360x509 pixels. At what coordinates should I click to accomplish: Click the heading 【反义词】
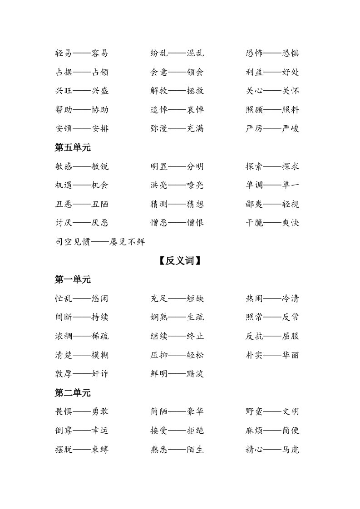(180, 261)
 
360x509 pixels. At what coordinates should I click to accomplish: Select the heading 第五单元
(73, 147)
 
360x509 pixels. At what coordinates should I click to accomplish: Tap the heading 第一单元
(73, 280)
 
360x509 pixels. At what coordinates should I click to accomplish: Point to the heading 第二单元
(73, 393)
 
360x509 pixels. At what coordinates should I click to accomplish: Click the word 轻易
(64, 53)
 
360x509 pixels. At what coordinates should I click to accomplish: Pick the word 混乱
(195, 53)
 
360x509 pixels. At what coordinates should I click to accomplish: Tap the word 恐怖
(254, 53)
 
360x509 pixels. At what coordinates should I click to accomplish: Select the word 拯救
(195, 91)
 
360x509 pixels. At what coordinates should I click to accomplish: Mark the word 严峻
(291, 128)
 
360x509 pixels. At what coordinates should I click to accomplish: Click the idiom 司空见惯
(73, 242)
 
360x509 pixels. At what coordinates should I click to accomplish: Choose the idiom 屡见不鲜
(127, 242)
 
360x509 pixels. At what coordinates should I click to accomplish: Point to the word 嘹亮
(195, 185)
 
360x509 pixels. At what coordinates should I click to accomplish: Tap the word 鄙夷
(254, 204)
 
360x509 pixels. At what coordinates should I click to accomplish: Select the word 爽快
(291, 223)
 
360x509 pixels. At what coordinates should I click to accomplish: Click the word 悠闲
(100, 299)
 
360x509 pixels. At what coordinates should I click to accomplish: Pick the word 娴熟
(159, 317)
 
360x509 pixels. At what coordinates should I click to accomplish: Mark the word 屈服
(291, 336)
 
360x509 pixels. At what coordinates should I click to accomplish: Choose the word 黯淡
(195, 374)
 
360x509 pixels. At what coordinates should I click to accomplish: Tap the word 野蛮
(254, 411)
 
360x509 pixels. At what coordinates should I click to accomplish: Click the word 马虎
(291, 450)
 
